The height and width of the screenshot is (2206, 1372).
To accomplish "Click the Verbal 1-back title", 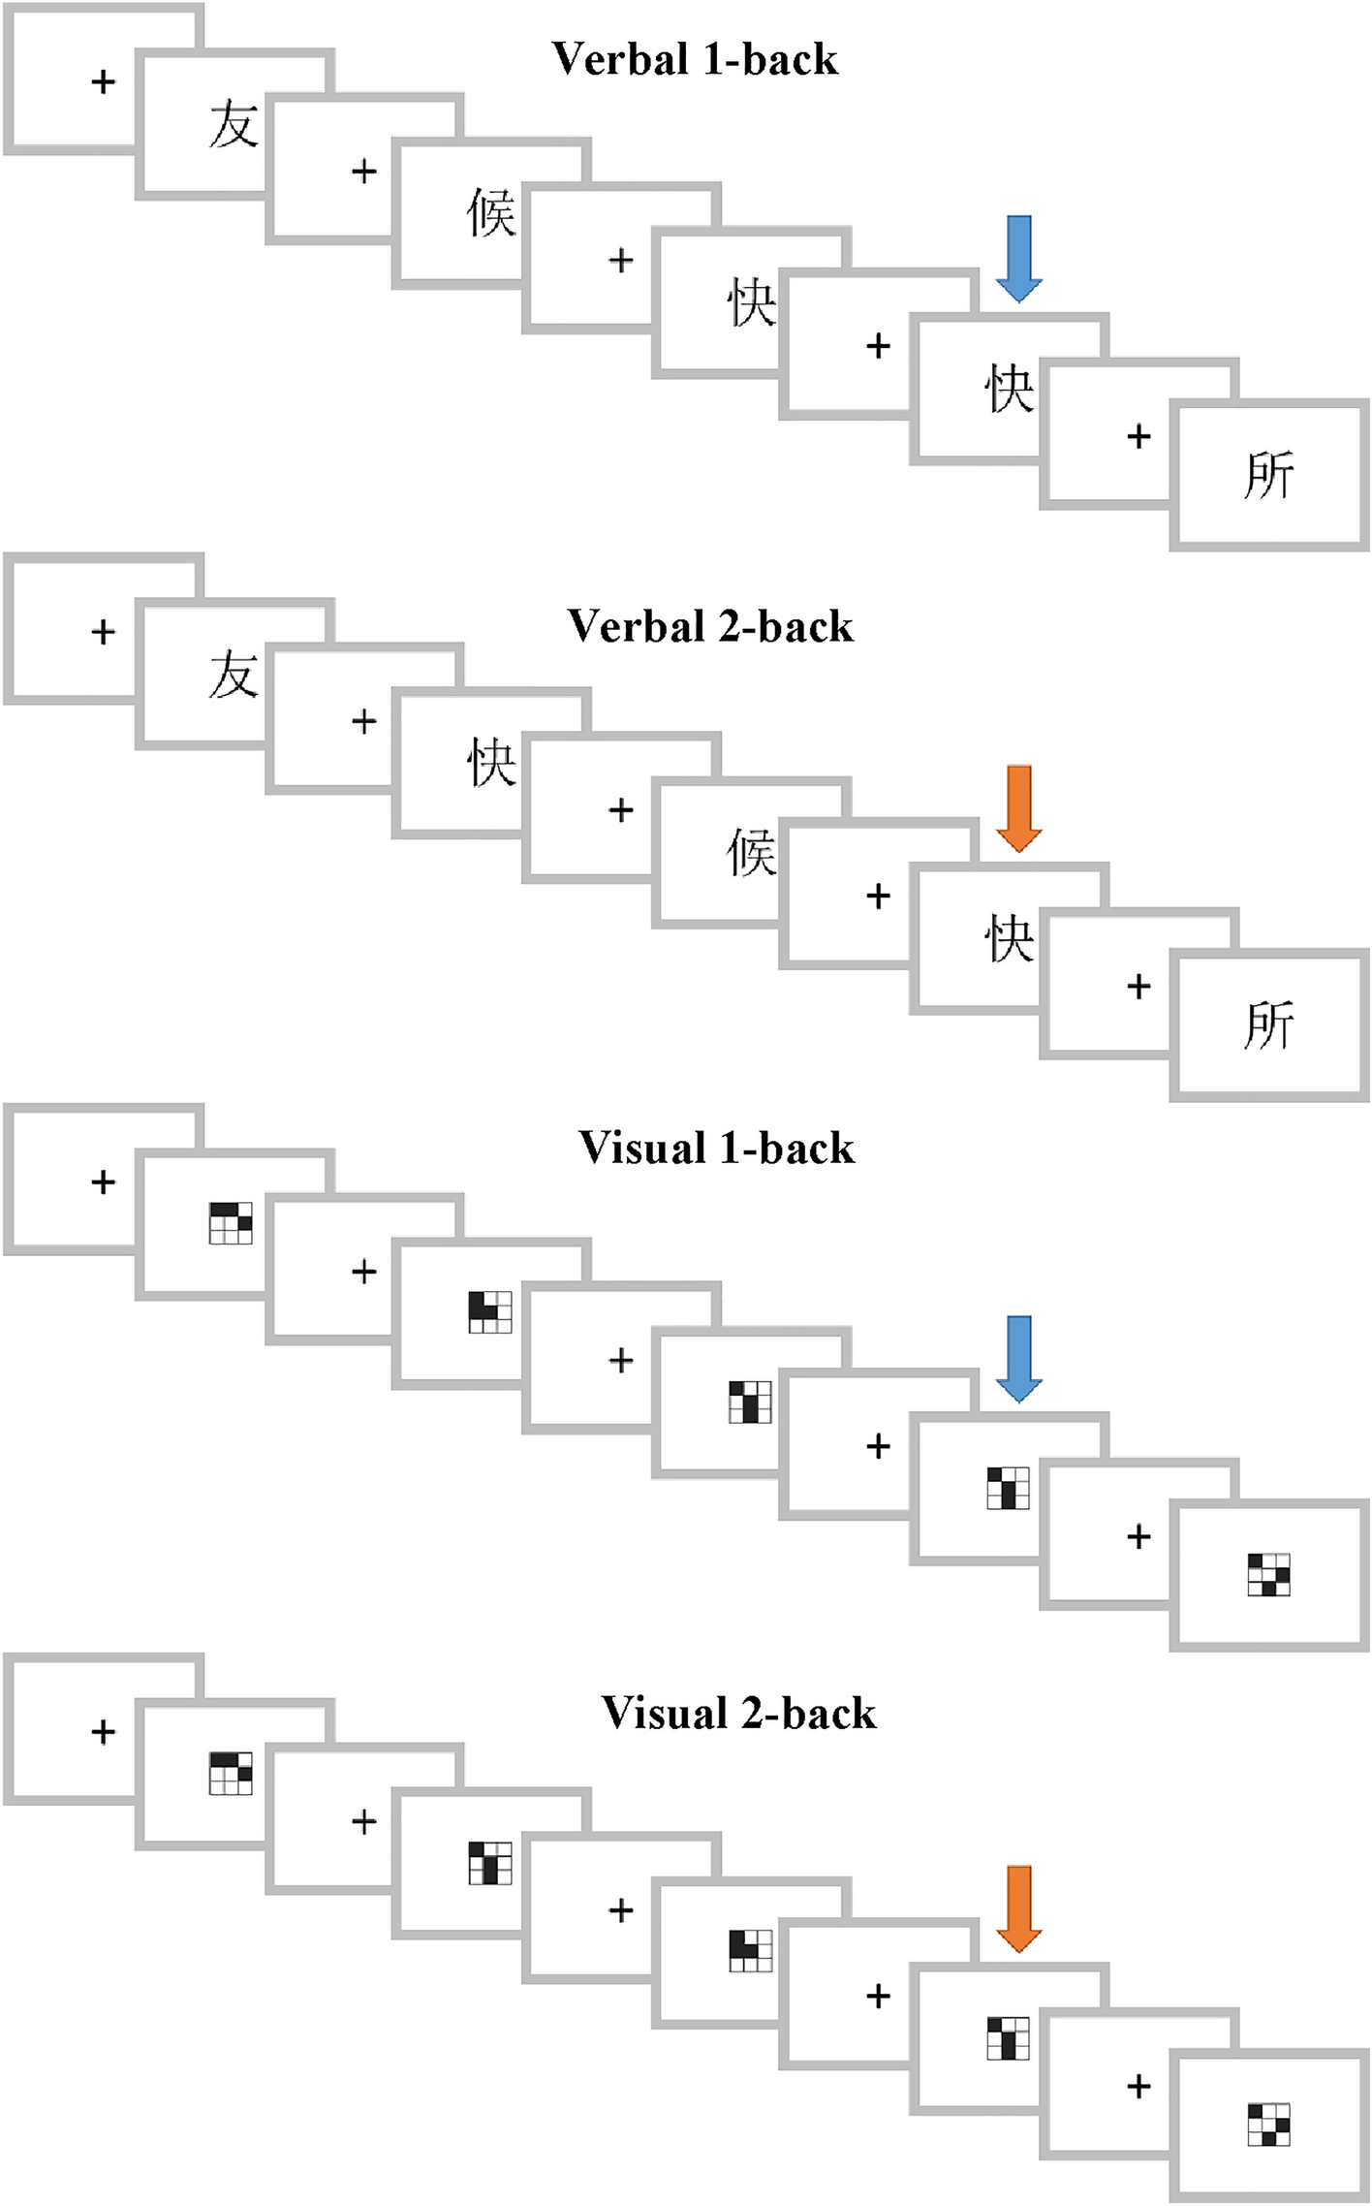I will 695,60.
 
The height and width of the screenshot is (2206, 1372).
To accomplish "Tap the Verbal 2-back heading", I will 710,627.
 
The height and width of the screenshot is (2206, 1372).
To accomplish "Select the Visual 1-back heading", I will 716,1149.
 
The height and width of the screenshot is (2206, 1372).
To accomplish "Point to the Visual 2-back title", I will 738,1714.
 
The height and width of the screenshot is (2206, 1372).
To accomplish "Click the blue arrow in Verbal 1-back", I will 1018,258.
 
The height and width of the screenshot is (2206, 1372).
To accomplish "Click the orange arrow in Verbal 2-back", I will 1018,808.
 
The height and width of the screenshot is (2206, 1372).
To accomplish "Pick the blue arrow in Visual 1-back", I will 1018,1358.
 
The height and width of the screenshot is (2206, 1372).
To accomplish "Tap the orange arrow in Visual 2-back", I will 1018,1908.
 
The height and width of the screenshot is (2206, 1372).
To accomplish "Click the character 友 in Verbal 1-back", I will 234,126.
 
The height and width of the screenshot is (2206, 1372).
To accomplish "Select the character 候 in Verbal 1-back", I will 491,213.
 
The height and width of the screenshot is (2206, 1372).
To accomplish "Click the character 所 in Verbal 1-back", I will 1268,476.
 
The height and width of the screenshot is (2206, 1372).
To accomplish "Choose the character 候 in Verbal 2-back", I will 751,854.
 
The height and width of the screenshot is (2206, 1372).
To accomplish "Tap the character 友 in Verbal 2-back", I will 234,676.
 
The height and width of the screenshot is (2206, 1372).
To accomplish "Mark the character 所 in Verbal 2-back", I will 1268,1025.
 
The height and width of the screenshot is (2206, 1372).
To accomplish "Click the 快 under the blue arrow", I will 1009,390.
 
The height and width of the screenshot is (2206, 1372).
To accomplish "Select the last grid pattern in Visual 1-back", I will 1268,1575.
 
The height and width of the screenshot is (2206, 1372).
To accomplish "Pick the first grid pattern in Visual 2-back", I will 231,1773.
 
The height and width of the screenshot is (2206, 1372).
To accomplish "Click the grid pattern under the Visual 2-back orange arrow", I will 1008,2037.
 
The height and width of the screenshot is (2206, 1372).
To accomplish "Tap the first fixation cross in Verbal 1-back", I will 103,81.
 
